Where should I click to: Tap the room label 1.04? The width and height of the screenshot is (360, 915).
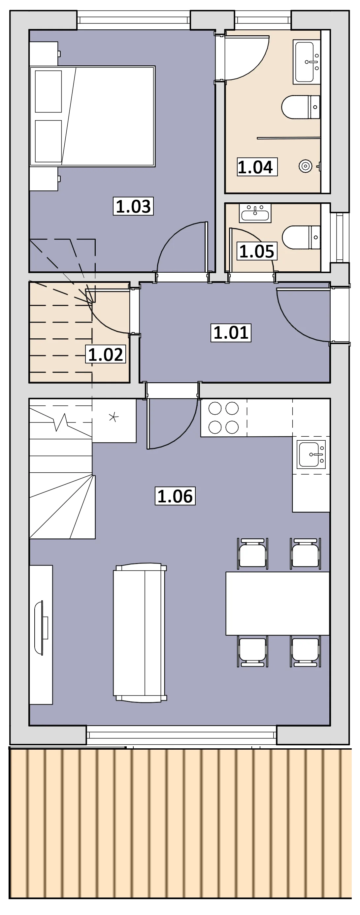point(255,167)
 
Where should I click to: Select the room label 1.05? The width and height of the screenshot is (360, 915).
point(257,251)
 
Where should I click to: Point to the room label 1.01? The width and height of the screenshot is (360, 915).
point(231,332)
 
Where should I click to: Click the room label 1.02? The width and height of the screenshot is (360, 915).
point(106,354)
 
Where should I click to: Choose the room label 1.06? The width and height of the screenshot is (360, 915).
point(175,496)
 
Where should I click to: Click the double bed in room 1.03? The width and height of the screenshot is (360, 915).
point(92,116)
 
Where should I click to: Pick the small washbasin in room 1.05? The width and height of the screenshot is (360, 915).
point(255,213)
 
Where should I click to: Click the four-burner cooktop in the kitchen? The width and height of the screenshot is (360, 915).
point(224,418)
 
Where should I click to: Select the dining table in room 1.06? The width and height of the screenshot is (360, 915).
point(278,603)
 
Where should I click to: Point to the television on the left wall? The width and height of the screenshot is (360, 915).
point(41,627)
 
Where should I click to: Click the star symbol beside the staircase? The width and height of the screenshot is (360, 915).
point(114,417)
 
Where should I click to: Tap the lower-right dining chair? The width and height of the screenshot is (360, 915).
point(305,652)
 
